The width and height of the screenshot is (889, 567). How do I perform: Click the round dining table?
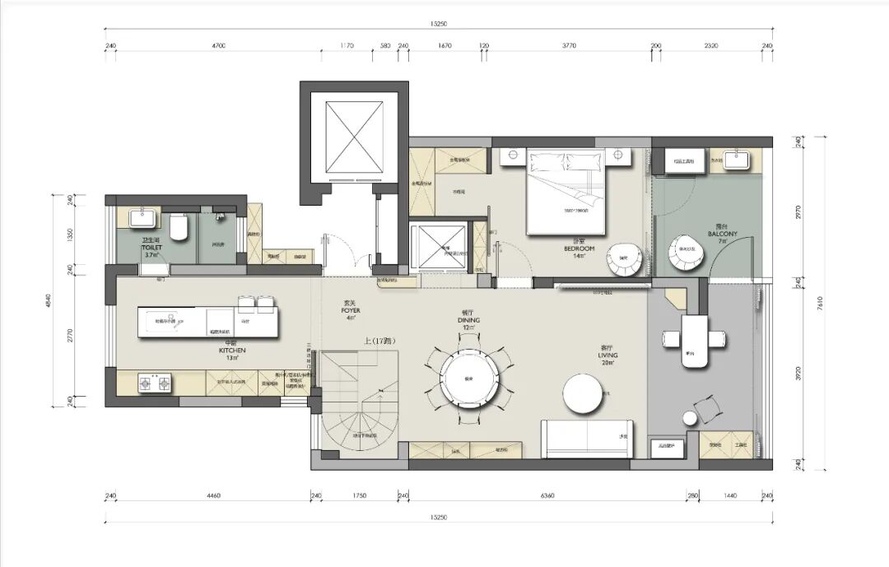click(x=469, y=379)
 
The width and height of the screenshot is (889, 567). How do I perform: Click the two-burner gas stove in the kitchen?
click(x=155, y=383)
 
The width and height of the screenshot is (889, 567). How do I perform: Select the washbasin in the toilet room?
click(x=140, y=217)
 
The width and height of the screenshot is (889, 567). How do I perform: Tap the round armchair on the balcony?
click(x=685, y=254)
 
